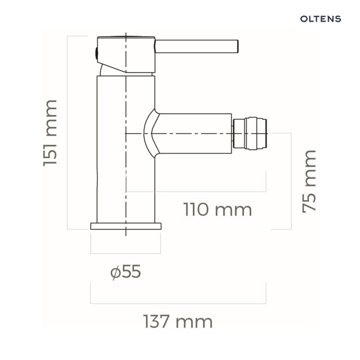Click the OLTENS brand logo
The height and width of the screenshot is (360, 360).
321,19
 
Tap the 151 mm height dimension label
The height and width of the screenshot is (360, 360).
50,133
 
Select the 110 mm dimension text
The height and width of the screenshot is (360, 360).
217,210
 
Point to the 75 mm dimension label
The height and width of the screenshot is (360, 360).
309,181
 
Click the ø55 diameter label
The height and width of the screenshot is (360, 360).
126,272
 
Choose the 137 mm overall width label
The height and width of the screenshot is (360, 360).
178,321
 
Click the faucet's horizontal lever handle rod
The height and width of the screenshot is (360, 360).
197,46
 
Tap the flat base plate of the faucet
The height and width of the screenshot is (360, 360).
126,226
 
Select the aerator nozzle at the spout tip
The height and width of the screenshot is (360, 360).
249,134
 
